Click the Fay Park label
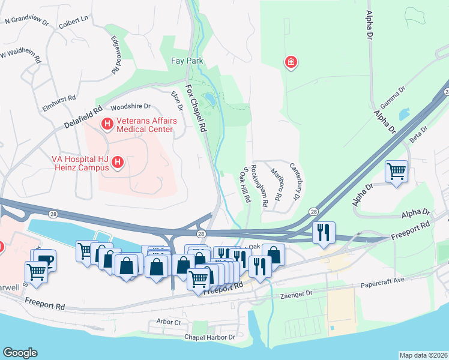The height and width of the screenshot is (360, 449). [187, 61]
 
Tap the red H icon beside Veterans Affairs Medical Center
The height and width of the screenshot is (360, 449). [107, 125]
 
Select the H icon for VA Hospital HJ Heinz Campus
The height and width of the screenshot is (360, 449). [118, 162]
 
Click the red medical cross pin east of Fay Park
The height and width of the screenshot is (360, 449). [291, 62]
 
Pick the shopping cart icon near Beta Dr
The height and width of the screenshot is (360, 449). [396, 172]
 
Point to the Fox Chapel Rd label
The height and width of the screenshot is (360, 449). [196, 109]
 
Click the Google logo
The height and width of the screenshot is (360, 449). [20, 353]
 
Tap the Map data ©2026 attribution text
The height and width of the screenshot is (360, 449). [423, 355]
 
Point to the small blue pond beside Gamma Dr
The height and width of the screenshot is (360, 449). [404, 113]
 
